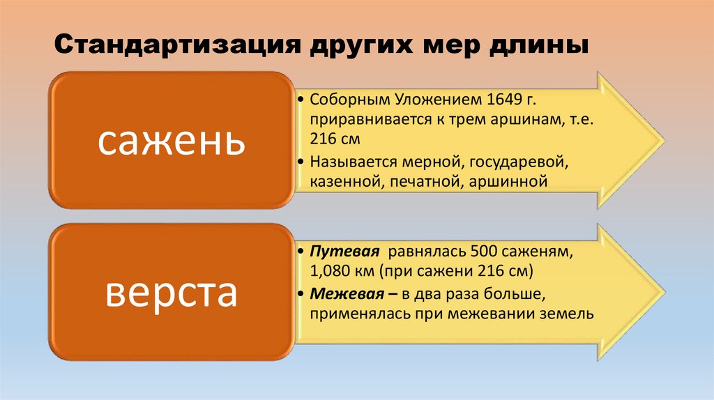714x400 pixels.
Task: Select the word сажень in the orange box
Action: tap(171, 140)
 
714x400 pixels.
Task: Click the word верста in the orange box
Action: tap(171, 293)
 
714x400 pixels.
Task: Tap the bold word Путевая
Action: tap(344, 251)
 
